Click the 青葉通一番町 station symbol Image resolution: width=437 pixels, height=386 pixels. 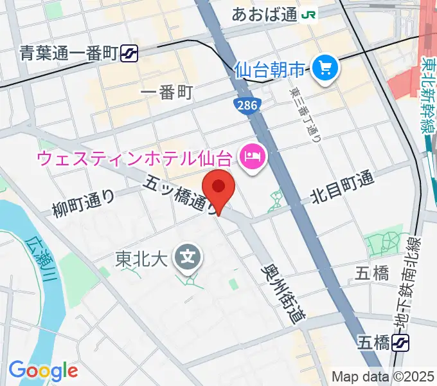pyautogui.click(x=130, y=54)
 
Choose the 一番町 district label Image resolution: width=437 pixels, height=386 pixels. pyautogui.click(x=166, y=93)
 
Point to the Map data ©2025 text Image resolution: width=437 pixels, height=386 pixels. pyautogui.click(x=382, y=376)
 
